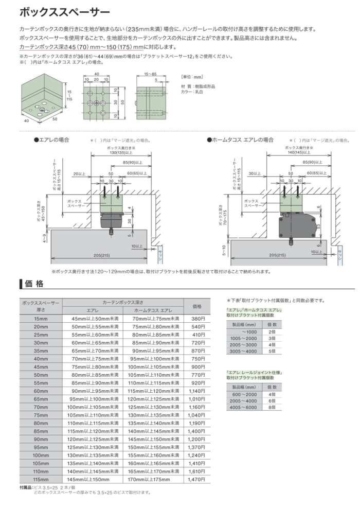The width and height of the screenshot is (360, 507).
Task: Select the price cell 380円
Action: pyautogui.click(x=197, y=319)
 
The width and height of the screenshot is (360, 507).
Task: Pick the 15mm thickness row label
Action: pyautogui.click(x=41, y=319)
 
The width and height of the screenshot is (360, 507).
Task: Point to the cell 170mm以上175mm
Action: pyautogui.click(x=154, y=479)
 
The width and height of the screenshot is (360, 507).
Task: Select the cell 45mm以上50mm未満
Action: pyautogui.click(x=93, y=319)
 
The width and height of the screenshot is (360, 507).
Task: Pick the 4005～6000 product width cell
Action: pyautogui.click(x=243, y=407)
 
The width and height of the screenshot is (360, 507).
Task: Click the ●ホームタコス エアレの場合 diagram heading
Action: pyautogui.click(x=240, y=140)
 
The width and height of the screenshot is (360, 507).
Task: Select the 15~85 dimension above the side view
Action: pyautogui.click(x=150, y=74)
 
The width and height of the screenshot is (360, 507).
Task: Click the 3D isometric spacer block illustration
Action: pyautogui.click(x=40, y=98)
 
